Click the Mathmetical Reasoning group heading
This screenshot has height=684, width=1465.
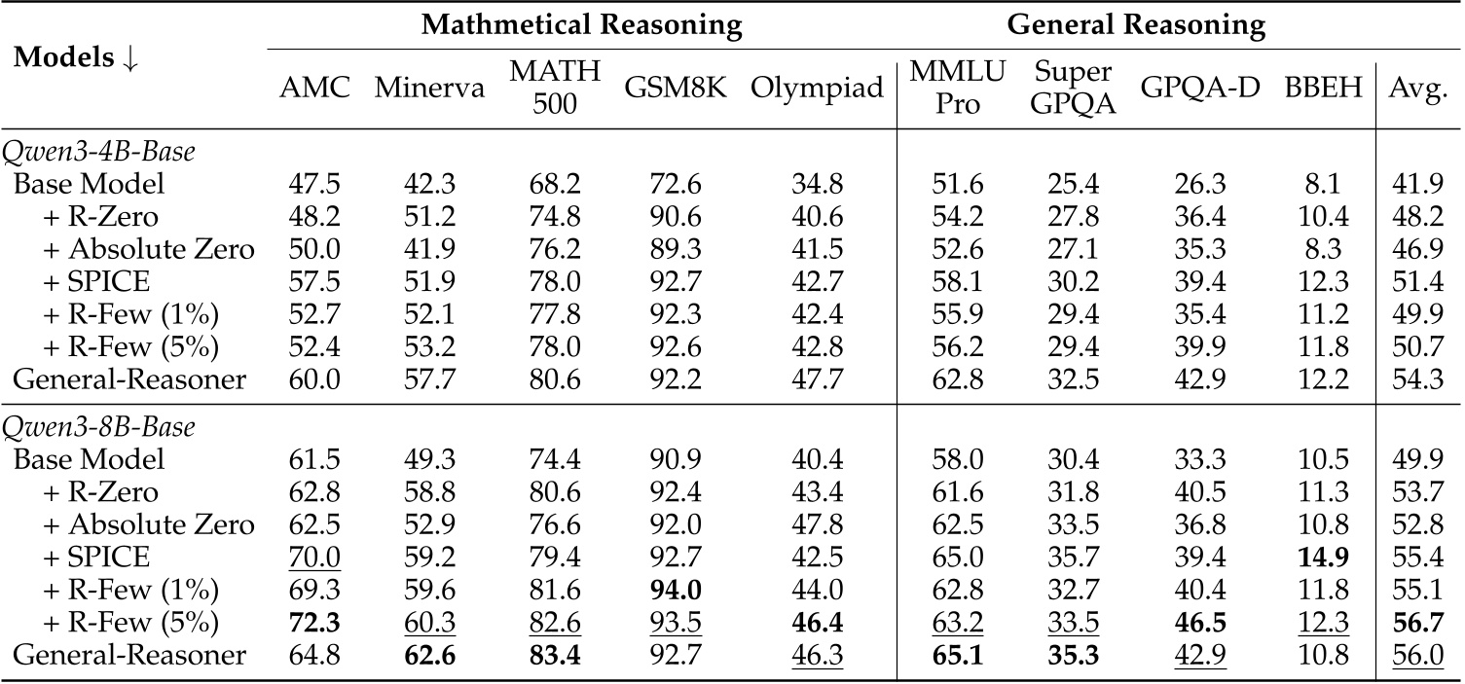pyautogui.click(x=581, y=25)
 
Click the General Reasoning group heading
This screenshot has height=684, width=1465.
pyautogui.click(x=1136, y=25)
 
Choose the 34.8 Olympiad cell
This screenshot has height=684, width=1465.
pyautogui.click(x=817, y=184)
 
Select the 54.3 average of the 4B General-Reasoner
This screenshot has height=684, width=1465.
pyautogui.click(x=1419, y=379)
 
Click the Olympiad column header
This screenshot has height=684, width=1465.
pyautogui.click(x=817, y=89)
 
